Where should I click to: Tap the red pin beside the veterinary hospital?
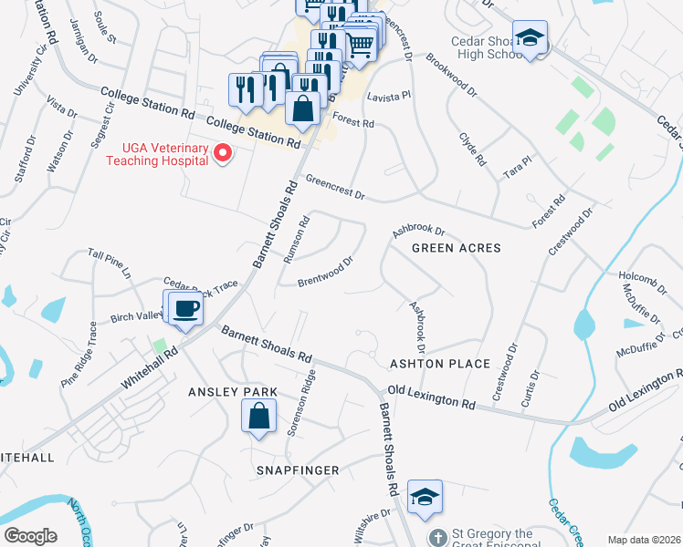click(x=222, y=154)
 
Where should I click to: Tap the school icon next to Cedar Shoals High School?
click(x=530, y=39)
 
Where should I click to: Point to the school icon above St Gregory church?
click(x=425, y=497)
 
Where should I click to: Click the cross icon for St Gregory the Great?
click(x=438, y=537)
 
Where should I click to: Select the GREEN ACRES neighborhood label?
click(x=457, y=248)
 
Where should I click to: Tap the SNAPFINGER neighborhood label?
click(x=297, y=470)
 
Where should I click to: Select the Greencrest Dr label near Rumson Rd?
click(x=334, y=188)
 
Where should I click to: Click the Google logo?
click(x=30, y=536)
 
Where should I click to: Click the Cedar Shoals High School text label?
click(x=488, y=47)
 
